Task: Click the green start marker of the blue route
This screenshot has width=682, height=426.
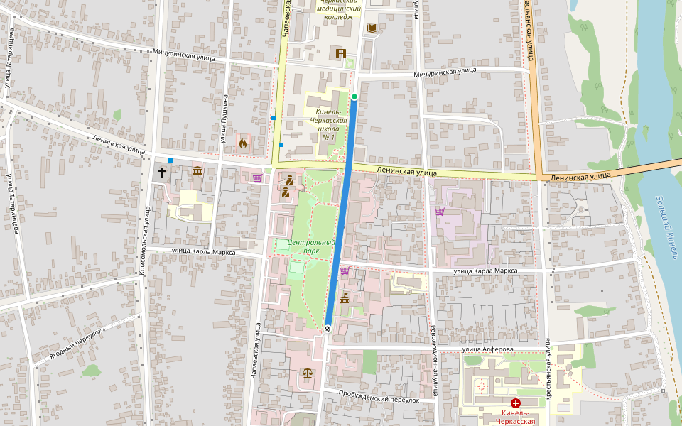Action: coord(354,96)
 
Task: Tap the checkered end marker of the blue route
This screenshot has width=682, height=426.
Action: coord(328,328)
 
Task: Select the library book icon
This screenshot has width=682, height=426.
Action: coord(372,28)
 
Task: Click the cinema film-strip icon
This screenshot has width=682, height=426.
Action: coord(340,53)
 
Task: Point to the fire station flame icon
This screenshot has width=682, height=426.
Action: coord(243,143)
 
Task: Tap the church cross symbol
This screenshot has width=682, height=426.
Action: coord(162,172)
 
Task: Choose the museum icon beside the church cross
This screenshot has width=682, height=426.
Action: coord(197,171)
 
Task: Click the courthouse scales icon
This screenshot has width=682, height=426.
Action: coord(308,373)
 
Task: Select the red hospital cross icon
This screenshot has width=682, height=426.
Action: coord(516,403)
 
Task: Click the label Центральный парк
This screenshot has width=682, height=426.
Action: coord(311,246)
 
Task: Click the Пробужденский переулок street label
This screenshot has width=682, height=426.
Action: coord(379,398)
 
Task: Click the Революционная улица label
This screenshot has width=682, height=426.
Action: coord(433,359)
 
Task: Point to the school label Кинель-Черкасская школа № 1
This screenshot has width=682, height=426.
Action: coord(328,124)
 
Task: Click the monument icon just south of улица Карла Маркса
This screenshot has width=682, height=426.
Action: coord(345,297)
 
